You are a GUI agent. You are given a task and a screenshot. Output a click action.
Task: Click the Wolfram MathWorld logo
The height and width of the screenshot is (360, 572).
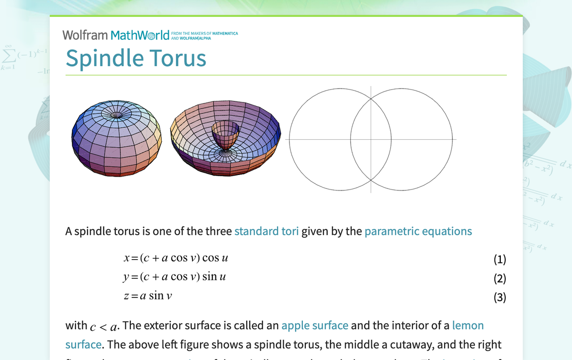coord(115,35)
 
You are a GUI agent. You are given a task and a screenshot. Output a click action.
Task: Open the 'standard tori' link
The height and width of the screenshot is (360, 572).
coord(266,231)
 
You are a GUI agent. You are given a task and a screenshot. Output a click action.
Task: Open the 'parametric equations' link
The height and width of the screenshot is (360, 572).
coord(418,231)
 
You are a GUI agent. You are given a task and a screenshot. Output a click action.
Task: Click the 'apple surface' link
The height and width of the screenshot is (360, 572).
coord(314,326)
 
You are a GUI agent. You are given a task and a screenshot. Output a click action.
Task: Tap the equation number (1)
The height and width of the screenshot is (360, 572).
coord(499,259)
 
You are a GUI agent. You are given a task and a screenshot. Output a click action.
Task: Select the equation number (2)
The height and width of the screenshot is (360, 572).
coord(499,278)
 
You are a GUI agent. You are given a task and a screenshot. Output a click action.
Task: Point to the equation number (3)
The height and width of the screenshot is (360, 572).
coord(499,297)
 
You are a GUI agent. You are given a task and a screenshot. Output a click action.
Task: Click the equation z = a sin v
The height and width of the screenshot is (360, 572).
coord(148,296)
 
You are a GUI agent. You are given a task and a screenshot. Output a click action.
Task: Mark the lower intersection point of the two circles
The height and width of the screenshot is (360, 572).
coord(371,179)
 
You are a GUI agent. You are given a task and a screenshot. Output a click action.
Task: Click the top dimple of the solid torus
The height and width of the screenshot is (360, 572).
coord(117,115)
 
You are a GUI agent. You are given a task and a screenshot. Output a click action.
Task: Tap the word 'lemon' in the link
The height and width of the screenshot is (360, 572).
coord(468,326)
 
